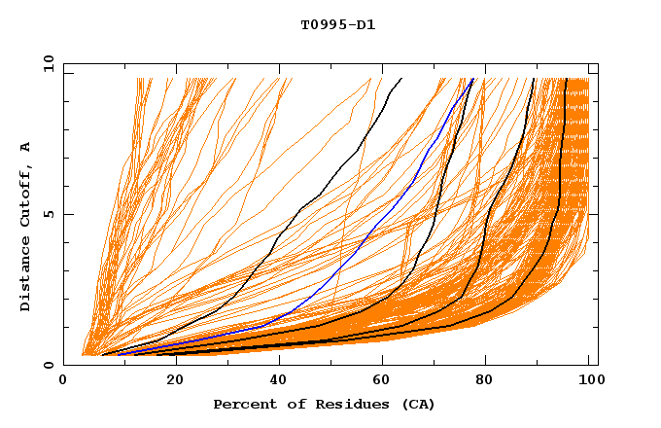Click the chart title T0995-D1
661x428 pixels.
click(337, 25)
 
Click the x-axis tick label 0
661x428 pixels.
click(63, 381)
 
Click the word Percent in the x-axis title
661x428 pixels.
click(243, 405)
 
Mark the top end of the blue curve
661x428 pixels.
click(471, 79)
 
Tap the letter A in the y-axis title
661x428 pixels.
click(25, 147)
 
